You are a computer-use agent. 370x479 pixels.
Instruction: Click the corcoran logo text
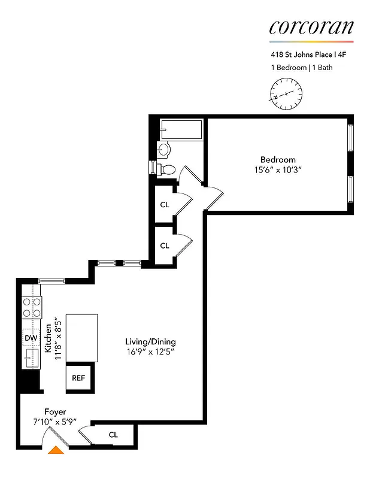[311, 27]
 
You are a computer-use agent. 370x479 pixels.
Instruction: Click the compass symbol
[286, 95]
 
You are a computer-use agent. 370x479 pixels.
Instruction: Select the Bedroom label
[278, 159]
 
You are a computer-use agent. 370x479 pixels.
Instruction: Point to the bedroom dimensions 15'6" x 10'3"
[278, 169]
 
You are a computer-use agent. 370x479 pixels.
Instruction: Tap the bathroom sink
[164, 149]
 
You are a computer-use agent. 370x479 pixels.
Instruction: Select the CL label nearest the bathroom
[165, 204]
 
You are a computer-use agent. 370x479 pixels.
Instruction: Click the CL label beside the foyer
[113, 435]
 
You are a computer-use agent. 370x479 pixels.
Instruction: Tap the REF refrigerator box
[78, 378]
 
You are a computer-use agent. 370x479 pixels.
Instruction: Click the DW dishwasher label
[31, 338]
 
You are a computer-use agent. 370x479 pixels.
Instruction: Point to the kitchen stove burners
[31, 307]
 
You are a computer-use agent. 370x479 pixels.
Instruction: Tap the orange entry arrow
[56, 450]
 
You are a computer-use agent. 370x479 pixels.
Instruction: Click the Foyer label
[54, 411]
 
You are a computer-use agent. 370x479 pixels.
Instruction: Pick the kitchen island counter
[81, 338]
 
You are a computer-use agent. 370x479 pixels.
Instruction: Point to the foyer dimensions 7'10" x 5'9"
[54, 422]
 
